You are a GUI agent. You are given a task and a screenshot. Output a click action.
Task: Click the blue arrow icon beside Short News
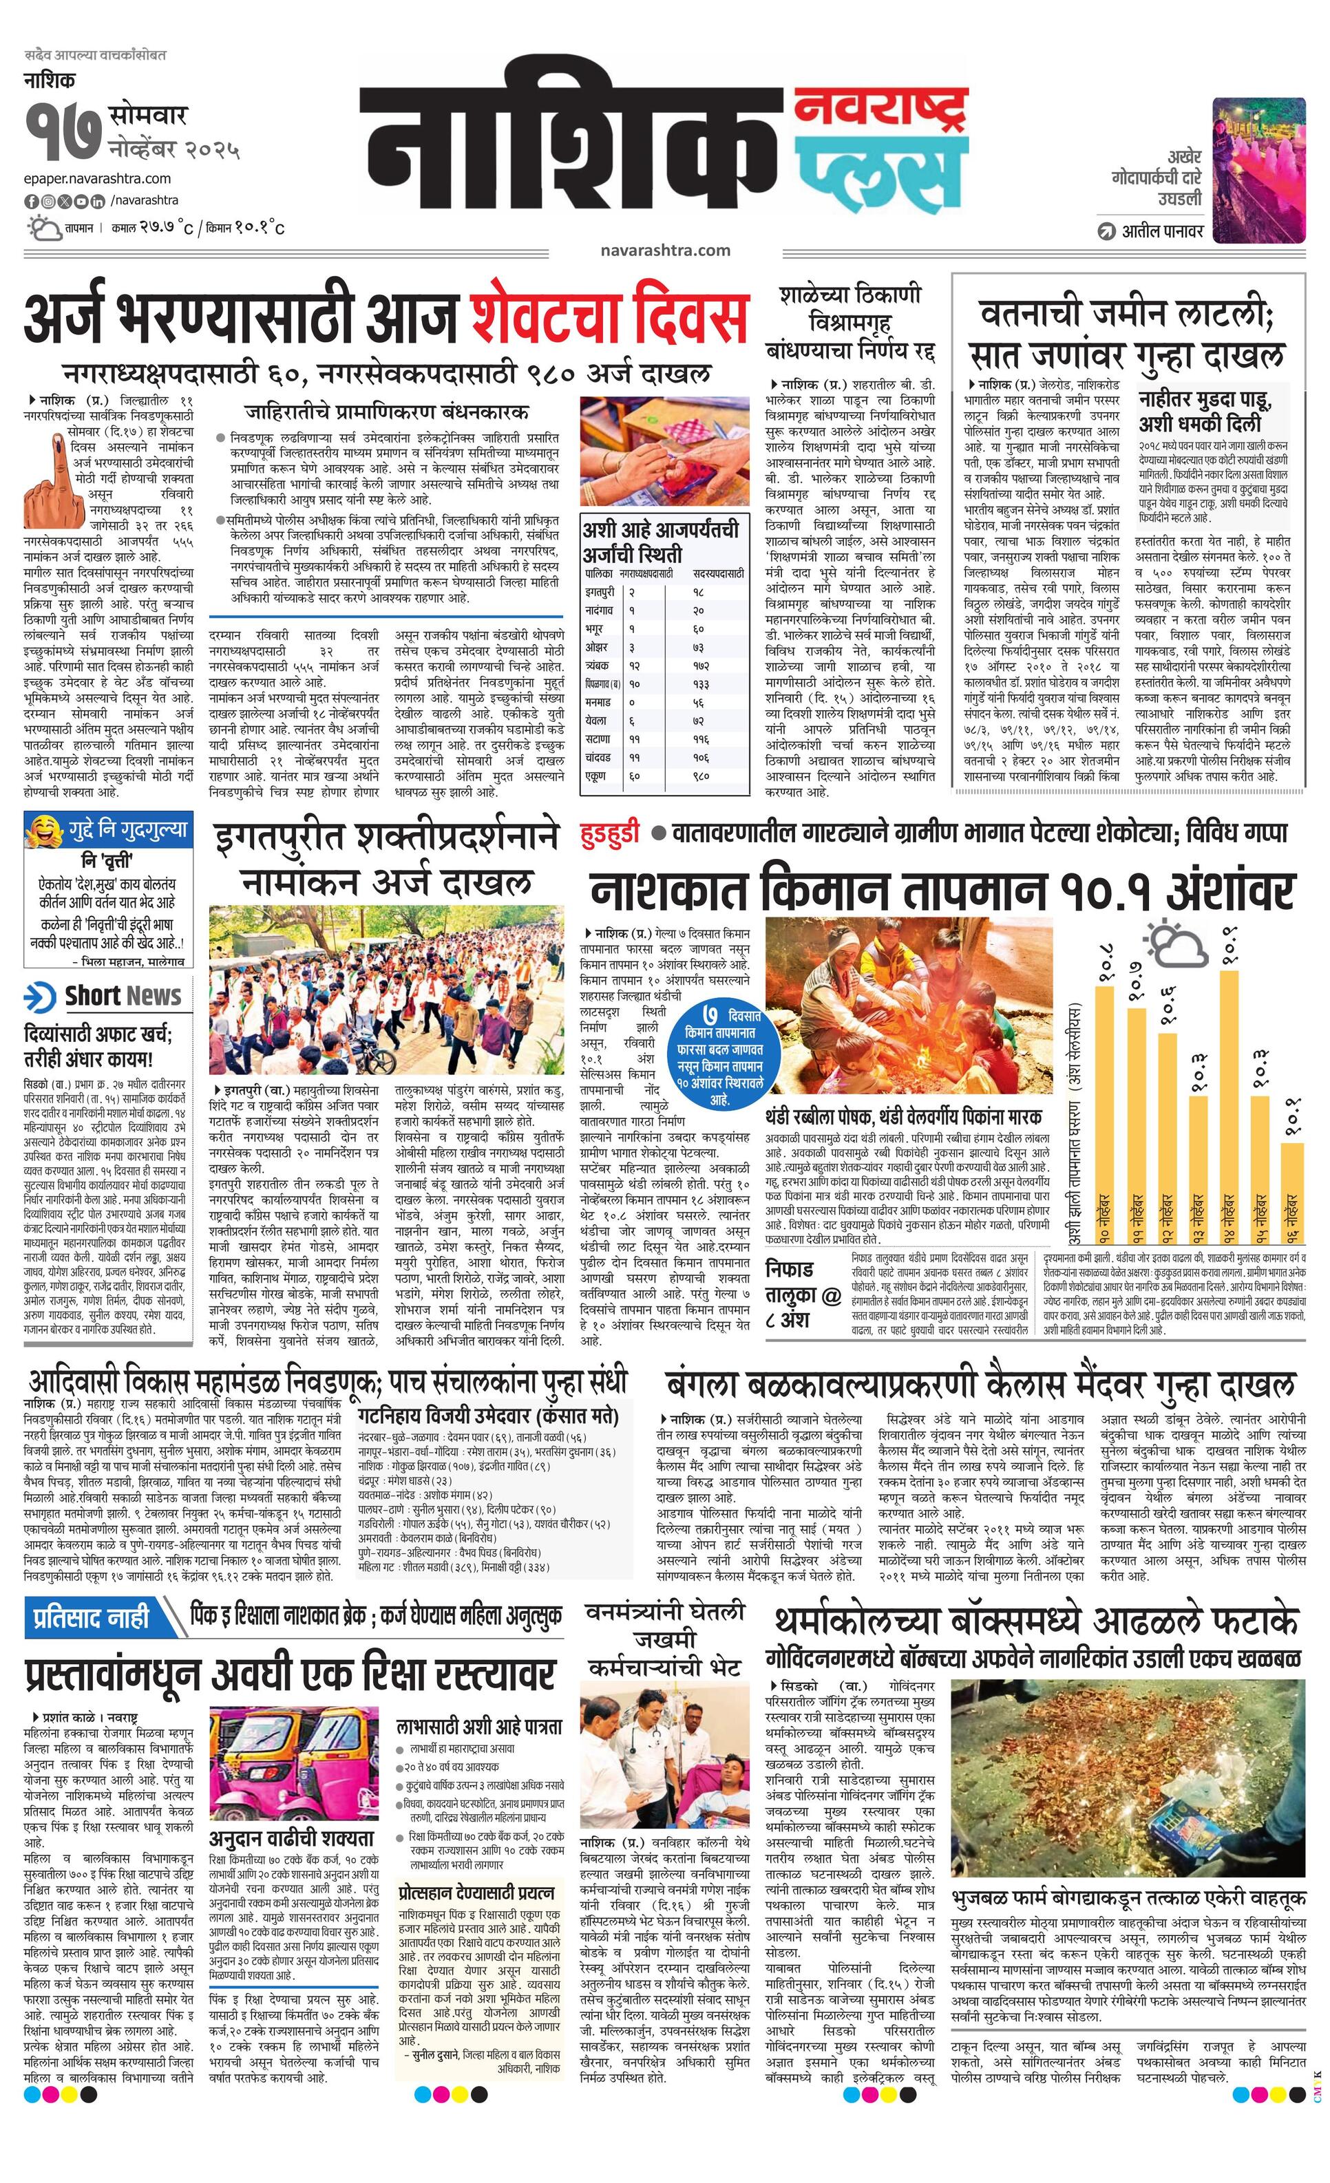click(40, 997)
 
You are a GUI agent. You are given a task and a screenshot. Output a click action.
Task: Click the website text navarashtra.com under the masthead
click(664, 251)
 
